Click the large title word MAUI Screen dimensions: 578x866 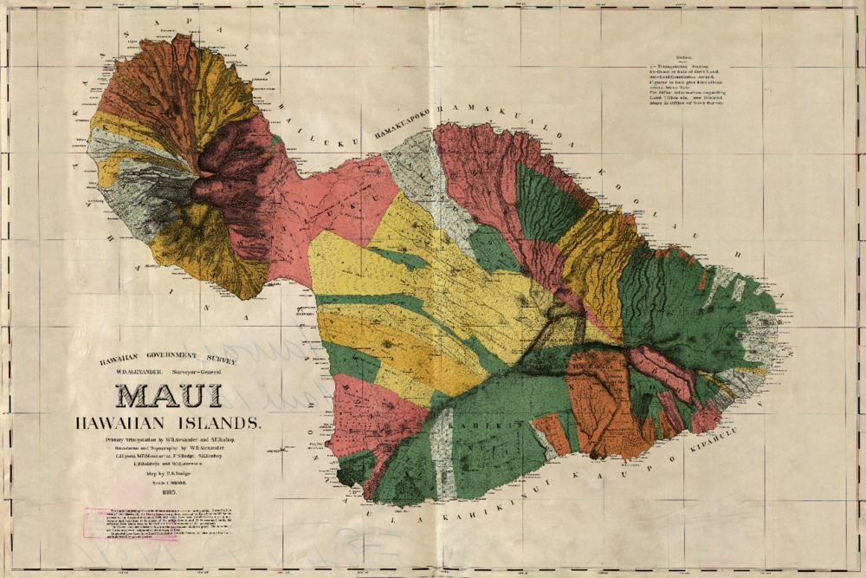point(169,395)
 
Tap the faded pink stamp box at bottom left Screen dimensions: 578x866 point(130,523)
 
